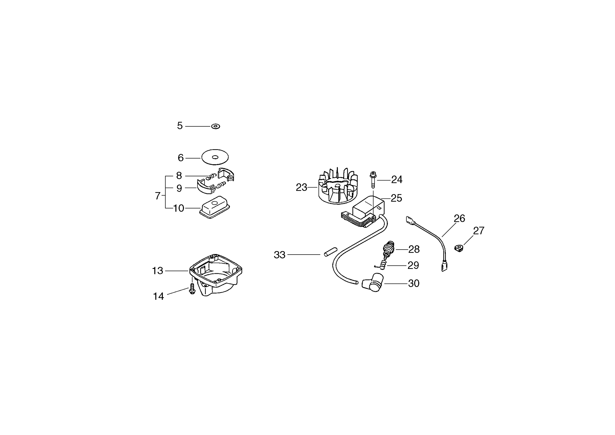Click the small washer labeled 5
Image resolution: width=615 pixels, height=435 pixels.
pyautogui.click(x=216, y=126)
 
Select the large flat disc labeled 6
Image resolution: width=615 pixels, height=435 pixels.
pyautogui.click(x=215, y=158)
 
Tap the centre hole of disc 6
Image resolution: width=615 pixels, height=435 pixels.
pyautogui.click(x=215, y=158)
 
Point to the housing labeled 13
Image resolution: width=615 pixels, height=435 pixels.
pyautogui.click(x=216, y=274)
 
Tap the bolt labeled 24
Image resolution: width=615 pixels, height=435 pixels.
pyautogui.click(x=373, y=180)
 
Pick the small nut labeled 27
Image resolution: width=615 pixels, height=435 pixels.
pyautogui.click(x=459, y=248)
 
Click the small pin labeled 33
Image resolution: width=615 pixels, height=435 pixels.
pyautogui.click(x=330, y=252)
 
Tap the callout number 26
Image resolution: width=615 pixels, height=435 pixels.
pyautogui.click(x=459, y=218)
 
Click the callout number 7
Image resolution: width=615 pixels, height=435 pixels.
pyautogui.click(x=158, y=196)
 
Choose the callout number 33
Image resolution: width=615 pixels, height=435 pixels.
pyautogui.click(x=279, y=255)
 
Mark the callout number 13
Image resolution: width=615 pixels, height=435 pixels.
pyautogui.click(x=157, y=271)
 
